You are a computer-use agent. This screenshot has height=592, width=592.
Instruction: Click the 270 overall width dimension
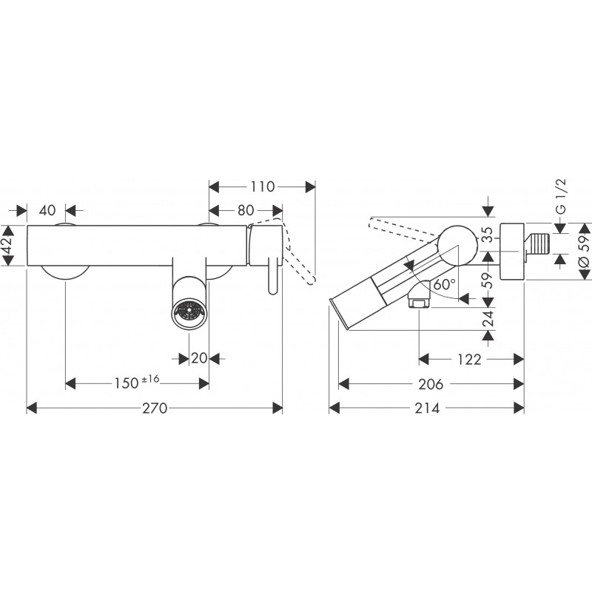pos(155,408)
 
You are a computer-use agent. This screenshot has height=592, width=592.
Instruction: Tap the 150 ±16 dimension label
pos(137,383)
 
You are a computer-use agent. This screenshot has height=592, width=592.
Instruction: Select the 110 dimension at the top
pos(262,186)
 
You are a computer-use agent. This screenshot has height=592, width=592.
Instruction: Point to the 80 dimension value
pos(246,210)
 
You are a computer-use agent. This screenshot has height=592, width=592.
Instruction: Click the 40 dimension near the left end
pos(47,210)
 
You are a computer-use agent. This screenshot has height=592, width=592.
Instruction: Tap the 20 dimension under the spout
pos(199,358)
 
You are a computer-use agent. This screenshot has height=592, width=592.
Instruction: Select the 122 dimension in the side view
pos(469,360)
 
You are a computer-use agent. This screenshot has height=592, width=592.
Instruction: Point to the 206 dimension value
pos(431,384)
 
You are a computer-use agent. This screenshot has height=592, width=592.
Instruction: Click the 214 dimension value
pos(427,408)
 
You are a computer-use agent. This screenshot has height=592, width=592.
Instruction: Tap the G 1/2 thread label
pos(562,197)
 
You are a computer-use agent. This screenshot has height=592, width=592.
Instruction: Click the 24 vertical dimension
pos(488,318)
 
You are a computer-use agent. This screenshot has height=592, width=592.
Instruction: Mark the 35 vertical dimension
pos(488,235)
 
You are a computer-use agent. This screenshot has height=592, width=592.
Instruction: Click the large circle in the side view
pos(457,245)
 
